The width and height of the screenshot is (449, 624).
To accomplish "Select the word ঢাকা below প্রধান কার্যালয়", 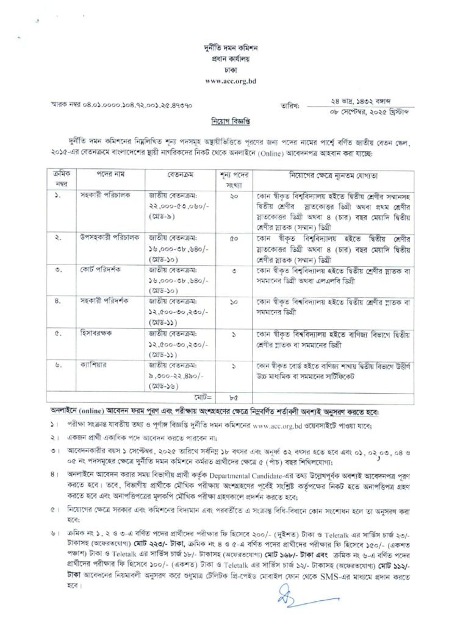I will click(227, 69).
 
